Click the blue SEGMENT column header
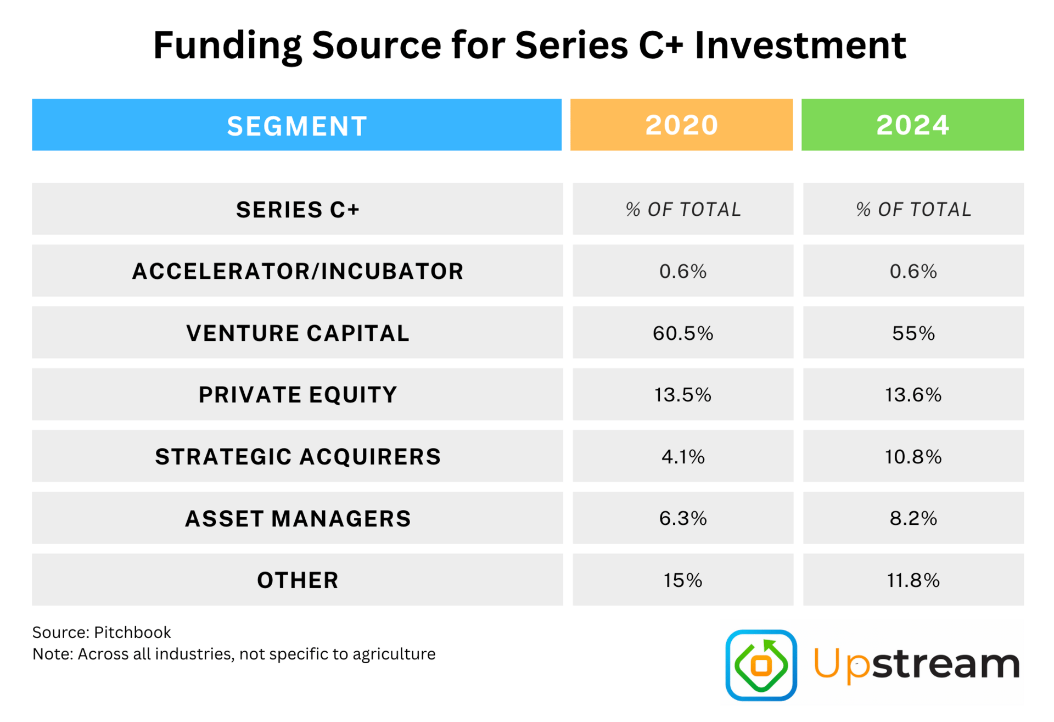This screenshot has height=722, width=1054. tap(296, 125)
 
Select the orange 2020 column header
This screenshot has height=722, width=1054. tap(681, 125)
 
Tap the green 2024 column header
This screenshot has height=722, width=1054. tap(912, 125)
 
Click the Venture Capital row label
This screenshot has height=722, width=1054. tap(298, 333)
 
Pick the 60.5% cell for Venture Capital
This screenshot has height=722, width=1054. tap(683, 333)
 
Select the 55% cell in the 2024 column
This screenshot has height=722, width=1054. tap(913, 333)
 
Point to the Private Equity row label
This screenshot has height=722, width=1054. tap(298, 395)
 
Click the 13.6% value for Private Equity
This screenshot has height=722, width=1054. tap(913, 395)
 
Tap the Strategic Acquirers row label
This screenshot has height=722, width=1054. tap(298, 456)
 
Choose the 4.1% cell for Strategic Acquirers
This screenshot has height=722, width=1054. tap(683, 456)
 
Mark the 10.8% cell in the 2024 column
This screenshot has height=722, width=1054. tap(913, 456)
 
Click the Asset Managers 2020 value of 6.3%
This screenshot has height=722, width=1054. tap(683, 518)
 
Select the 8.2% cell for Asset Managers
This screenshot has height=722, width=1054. tap(913, 518)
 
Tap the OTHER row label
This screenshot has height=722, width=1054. tap(298, 580)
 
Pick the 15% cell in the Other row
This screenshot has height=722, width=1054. tap(683, 580)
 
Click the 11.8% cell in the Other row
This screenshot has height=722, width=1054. tap(913, 580)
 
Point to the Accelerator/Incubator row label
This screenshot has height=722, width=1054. tap(298, 271)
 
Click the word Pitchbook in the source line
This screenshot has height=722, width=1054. tap(132, 633)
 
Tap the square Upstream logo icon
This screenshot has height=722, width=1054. tap(761, 665)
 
